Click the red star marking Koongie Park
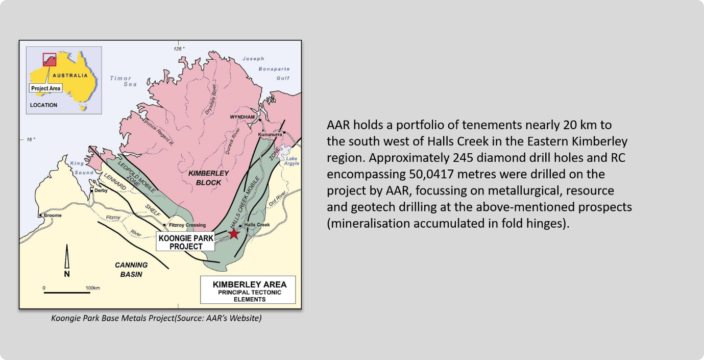tap(233, 233)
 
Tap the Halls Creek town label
tap(257, 225)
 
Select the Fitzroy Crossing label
tap(187, 225)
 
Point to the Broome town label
tap(53, 215)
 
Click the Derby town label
tap(101, 190)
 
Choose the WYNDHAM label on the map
tap(242, 117)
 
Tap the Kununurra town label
tap(270, 135)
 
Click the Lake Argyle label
tap(292, 161)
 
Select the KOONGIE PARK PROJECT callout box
tap(185, 242)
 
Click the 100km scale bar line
tap(67, 293)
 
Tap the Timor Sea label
tap(123, 81)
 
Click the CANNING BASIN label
tap(131, 270)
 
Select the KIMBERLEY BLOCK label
tap(208, 178)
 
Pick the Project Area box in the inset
tap(45, 88)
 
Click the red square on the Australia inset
tap(50, 60)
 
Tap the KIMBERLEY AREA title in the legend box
tap(250, 284)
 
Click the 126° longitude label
tap(179, 49)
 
